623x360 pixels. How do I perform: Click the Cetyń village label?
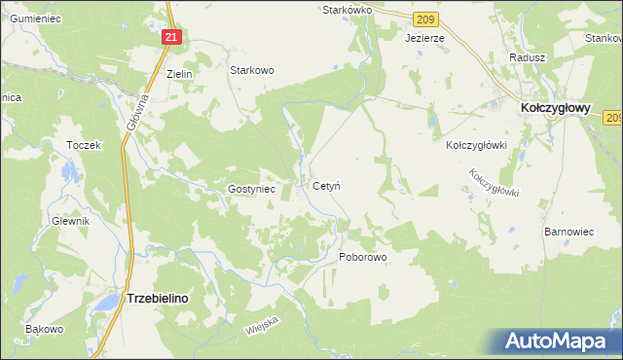[x=325, y=185]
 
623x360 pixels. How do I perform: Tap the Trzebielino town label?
[x=158, y=301]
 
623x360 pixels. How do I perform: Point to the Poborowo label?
[x=363, y=258]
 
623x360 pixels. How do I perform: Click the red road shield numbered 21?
[x=171, y=37]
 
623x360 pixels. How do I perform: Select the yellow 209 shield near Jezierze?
[x=423, y=18]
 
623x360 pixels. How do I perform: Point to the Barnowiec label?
[x=568, y=233]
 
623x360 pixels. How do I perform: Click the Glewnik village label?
[x=71, y=221]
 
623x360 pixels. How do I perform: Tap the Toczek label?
[x=84, y=145]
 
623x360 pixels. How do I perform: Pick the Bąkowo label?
[x=45, y=329]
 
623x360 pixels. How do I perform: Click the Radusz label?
[x=526, y=57]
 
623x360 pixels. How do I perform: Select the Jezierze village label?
[x=424, y=38]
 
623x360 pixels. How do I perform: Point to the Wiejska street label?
[x=262, y=325]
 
